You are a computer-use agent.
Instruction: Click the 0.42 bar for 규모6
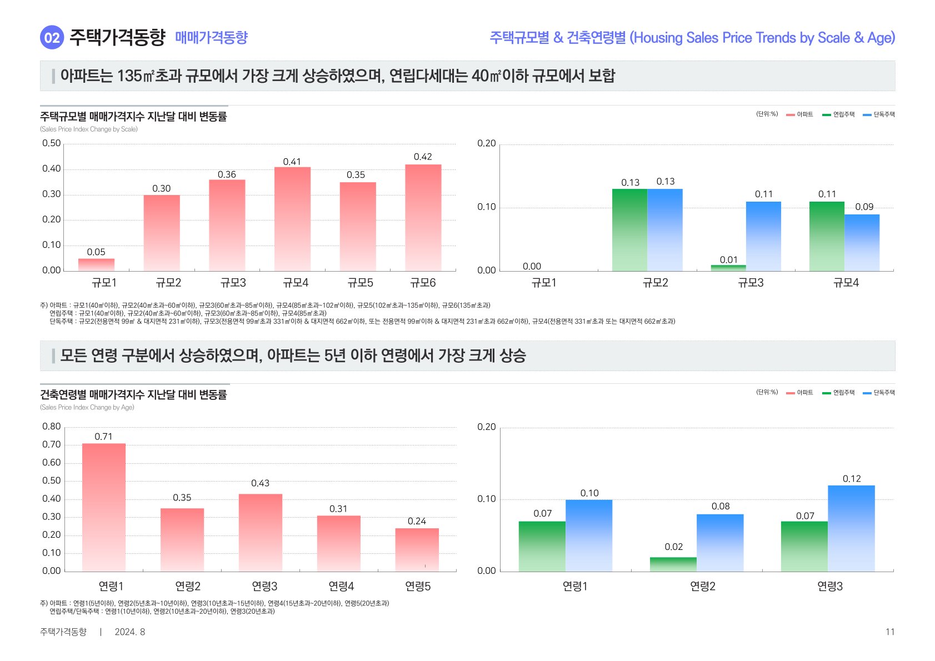[423, 217]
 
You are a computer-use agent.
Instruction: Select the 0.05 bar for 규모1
[96, 264]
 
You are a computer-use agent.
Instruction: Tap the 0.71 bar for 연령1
[103, 507]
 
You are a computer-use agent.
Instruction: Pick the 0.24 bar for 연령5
[417, 549]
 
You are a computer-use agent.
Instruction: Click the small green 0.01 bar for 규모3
[728, 268]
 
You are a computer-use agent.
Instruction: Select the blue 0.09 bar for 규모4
[862, 242]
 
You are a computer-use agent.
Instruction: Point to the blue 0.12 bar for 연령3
[851, 528]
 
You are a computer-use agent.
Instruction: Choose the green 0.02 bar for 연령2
[673, 564]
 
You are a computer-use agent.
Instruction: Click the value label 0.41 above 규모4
[292, 162]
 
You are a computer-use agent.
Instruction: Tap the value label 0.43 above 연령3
[260, 483]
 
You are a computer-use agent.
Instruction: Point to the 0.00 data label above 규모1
[532, 267]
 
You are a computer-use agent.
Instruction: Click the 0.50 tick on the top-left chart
[52, 143]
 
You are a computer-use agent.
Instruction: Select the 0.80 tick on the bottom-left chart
[52, 427]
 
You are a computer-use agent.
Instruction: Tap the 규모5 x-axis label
[360, 283]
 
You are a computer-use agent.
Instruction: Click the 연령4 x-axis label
[341, 586]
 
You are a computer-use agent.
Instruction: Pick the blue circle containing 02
[52, 38]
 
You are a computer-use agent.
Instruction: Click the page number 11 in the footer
[890, 632]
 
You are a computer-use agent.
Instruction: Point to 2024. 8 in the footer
[130, 632]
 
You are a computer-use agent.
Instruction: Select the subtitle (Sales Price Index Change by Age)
[87, 407]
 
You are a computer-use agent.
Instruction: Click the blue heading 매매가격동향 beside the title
[211, 38]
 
